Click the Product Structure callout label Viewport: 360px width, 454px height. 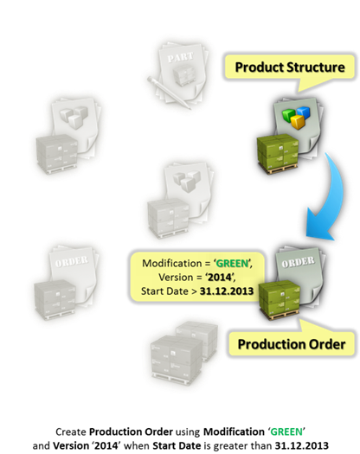pyautogui.click(x=290, y=67)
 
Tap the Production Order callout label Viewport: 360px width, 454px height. pyautogui.click(x=292, y=344)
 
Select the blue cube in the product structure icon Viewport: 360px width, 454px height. pyautogui.click(x=303, y=113)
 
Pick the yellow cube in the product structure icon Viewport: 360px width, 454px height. pyautogui.click(x=299, y=122)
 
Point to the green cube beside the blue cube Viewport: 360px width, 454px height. pyautogui.click(x=290, y=115)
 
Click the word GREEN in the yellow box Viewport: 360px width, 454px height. pyautogui.click(x=233, y=263)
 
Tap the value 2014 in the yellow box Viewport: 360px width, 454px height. pyautogui.click(x=220, y=277)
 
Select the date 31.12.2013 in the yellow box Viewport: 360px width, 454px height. pyautogui.click(x=227, y=291)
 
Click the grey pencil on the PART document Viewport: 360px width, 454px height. pyautogui.click(x=168, y=93)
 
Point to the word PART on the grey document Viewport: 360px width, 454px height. pyautogui.click(x=180, y=57)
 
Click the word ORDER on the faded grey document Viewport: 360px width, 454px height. pyautogui.click(x=72, y=261)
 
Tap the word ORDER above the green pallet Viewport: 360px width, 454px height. pyautogui.click(x=298, y=262)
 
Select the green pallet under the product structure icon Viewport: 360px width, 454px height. pyautogui.click(x=278, y=153)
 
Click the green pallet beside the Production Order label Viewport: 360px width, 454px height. pyautogui.click(x=280, y=301)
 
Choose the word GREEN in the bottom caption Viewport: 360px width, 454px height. pyautogui.click(x=286, y=432)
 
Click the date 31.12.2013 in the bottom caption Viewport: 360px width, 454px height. pyautogui.click(x=302, y=445)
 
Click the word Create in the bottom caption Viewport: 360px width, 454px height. pyautogui.click(x=71, y=432)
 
